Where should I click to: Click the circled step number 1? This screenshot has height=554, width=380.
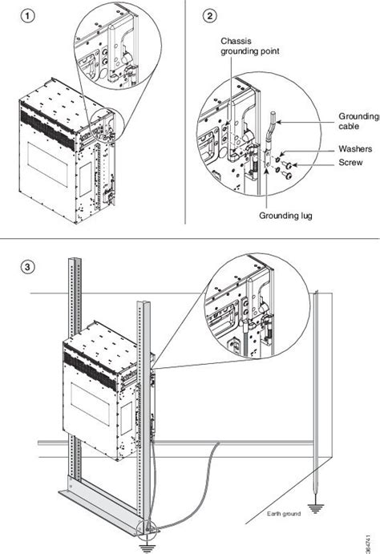30,16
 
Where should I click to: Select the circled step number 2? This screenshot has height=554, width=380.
210,16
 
